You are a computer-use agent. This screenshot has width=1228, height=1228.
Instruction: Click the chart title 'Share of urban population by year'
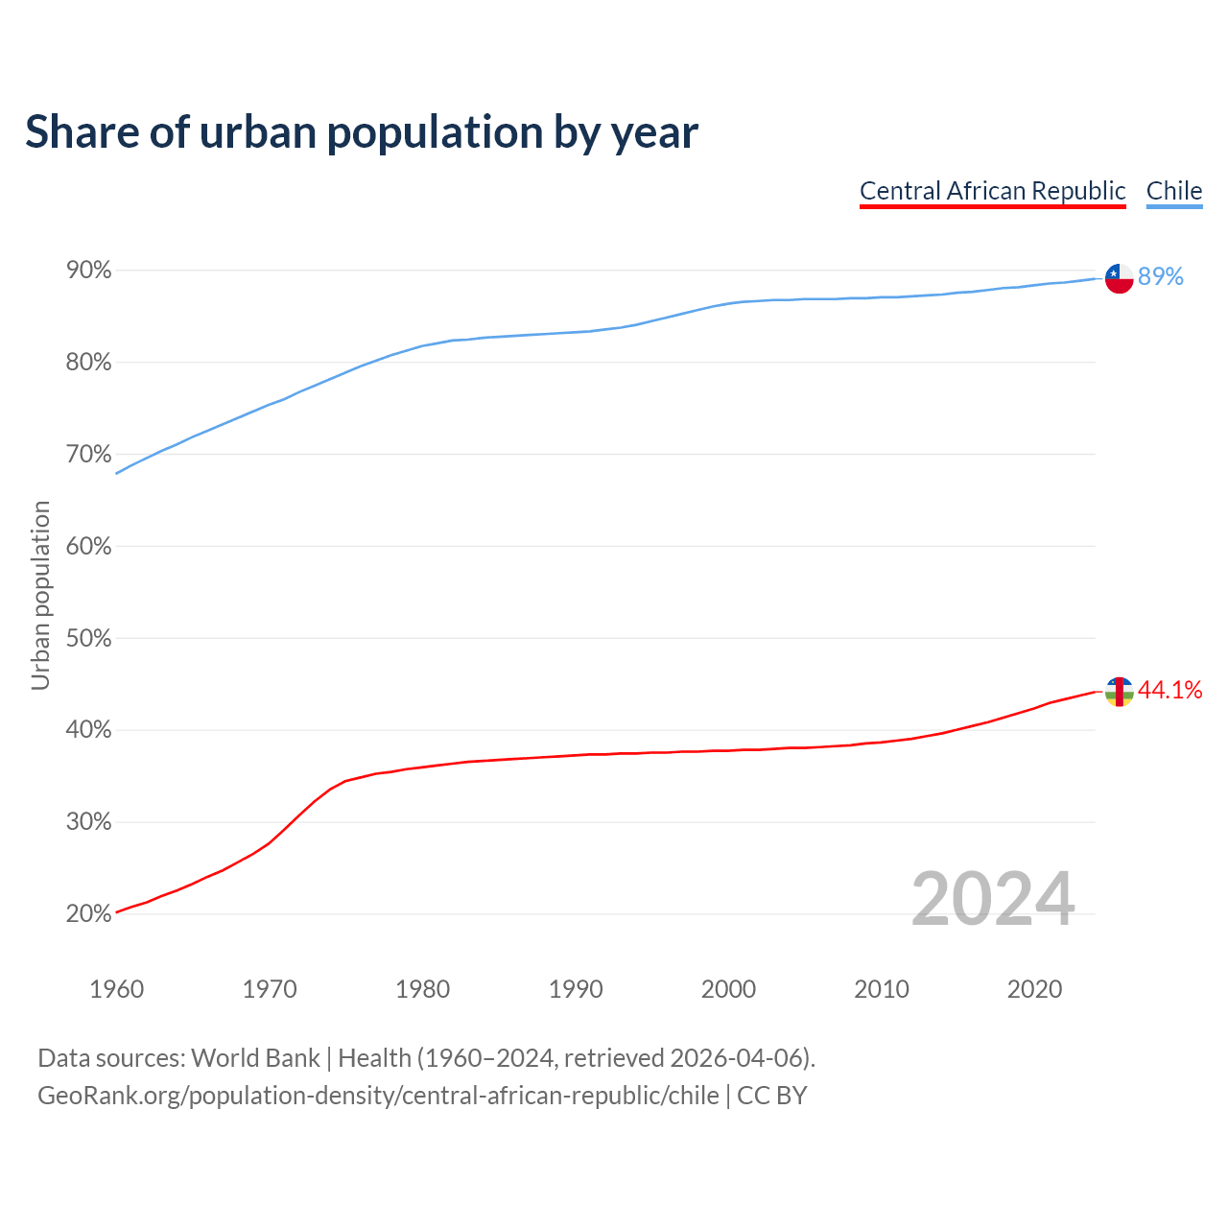(x=362, y=132)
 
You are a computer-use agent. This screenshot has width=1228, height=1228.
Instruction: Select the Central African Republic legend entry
(x=992, y=191)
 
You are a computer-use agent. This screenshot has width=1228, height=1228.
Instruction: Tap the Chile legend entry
(x=1173, y=191)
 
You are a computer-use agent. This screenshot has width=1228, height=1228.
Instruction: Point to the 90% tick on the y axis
(x=88, y=271)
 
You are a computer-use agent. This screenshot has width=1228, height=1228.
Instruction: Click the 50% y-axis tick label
(x=88, y=638)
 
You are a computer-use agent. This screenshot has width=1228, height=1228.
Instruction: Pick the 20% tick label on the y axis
(x=88, y=914)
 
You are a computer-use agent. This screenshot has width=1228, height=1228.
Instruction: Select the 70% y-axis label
(x=88, y=455)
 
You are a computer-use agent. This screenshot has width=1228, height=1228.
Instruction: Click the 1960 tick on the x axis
(x=116, y=989)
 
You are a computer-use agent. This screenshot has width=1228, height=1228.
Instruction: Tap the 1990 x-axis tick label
(x=576, y=989)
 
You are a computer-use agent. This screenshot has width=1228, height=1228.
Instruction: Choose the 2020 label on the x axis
(x=1034, y=989)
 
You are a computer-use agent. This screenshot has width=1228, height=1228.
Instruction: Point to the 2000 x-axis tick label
(x=728, y=989)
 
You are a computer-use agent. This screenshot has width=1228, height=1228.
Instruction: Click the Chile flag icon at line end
(x=1119, y=278)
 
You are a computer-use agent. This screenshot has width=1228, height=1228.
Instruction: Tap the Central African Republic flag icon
(x=1119, y=691)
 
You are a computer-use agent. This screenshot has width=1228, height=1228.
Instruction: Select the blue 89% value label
(x=1161, y=277)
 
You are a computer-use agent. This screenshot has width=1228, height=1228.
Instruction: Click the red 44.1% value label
(x=1169, y=691)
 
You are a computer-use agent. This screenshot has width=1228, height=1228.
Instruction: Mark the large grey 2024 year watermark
(x=993, y=900)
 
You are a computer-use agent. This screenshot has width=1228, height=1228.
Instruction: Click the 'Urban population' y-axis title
(x=40, y=595)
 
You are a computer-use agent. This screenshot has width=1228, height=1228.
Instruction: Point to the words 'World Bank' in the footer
(x=255, y=1058)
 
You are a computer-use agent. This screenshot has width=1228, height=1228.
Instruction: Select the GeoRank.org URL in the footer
(x=378, y=1096)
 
